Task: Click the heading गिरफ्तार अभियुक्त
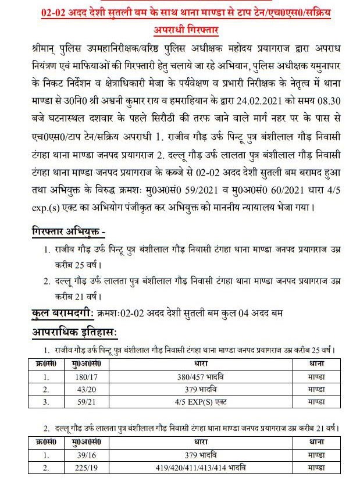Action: pos(68,233)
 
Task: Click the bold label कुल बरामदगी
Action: pos(62,314)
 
